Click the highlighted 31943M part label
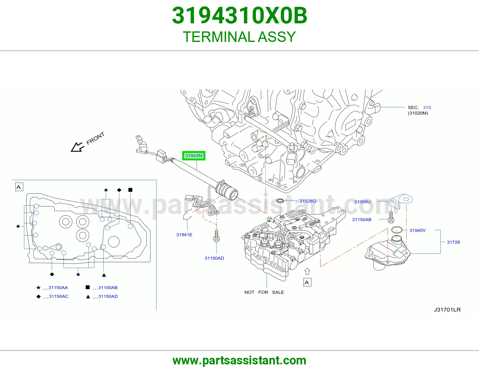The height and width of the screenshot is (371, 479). (194, 156)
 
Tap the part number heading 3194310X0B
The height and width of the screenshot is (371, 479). (239, 16)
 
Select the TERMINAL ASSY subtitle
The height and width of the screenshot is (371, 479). (239, 37)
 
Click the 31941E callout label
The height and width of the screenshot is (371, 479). (184, 235)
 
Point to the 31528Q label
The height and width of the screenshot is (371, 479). (308, 201)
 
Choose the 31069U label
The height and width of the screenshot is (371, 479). (362, 202)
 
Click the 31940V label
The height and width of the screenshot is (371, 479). (418, 230)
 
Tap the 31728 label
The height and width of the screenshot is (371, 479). (454, 242)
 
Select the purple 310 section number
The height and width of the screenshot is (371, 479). (427, 107)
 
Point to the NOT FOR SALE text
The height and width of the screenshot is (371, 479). (264, 292)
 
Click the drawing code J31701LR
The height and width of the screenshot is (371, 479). (447, 310)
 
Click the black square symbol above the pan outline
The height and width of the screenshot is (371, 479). (130, 190)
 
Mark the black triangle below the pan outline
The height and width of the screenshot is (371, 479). (104, 275)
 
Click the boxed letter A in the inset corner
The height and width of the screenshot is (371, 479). (19, 187)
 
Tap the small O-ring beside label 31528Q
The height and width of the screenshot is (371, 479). (280, 201)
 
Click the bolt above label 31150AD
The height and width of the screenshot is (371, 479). (216, 236)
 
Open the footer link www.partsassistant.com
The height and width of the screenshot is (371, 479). (239, 361)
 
